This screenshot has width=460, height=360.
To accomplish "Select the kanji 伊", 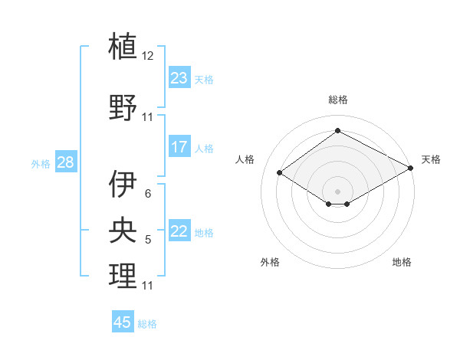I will point(123,184).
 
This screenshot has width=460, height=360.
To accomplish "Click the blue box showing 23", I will point(179,78).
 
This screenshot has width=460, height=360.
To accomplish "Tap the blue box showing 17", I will point(179,147).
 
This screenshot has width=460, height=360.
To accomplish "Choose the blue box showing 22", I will point(179,231).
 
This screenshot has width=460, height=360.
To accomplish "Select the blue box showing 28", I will point(65,162).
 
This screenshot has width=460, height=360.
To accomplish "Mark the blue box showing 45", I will point(123,322).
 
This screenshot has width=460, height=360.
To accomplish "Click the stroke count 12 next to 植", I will point(148,56).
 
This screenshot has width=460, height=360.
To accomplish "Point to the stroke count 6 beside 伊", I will point(148,193).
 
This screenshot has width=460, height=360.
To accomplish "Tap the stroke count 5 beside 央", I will point(148,240).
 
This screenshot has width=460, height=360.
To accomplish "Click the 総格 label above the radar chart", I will point(337,100).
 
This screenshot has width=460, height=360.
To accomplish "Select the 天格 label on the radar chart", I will point(431,159).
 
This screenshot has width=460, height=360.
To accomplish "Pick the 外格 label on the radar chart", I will point(270,262).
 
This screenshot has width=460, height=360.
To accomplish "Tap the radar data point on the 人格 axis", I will point(280,173).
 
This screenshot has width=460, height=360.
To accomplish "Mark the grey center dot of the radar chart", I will point(337,190).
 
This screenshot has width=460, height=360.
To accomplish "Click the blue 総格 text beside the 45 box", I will point(147,324).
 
